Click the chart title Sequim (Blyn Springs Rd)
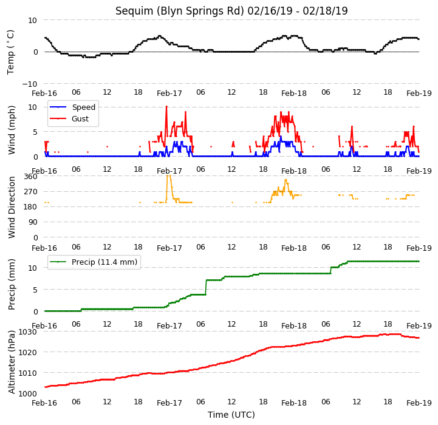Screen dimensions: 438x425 [180, 11]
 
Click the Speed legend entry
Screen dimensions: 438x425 [72, 107]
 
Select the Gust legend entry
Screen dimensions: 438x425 [69, 118]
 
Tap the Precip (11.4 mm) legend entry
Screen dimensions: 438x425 [94, 262]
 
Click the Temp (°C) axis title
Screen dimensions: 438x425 [10, 52]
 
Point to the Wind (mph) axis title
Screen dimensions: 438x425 [11, 131]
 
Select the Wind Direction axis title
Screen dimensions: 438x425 [12, 207]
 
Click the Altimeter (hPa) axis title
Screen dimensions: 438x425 [12, 362]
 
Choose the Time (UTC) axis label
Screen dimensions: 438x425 [231, 415]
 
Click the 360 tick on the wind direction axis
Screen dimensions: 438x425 [30, 177]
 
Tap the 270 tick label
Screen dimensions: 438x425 [30, 192]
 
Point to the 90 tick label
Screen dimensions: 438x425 [33, 222]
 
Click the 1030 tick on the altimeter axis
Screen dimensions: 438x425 [28, 331]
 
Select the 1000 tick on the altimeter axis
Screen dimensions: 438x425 [28, 393]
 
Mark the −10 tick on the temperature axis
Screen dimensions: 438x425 [29, 84]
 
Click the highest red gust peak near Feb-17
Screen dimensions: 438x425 [166, 106]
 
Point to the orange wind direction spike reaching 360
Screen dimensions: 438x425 [168, 176]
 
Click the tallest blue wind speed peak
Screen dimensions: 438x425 [281, 137]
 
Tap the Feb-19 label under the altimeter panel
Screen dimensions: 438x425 [419, 403]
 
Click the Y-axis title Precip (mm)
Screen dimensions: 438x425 [12, 285]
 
